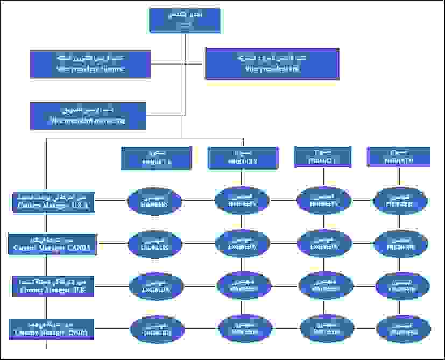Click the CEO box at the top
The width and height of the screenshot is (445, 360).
click(184, 20)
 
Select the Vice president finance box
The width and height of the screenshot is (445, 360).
click(90, 63)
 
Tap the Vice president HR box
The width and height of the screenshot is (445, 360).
click(272, 63)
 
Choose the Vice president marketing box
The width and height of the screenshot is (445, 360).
click(88, 116)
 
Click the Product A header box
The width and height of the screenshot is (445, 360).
click(156, 158)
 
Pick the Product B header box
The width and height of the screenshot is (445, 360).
click(243, 158)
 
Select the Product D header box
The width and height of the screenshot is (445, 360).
click(399, 157)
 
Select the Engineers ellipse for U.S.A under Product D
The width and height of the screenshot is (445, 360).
click(400, 201)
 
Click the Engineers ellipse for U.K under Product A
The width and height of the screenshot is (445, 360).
click(156, 285)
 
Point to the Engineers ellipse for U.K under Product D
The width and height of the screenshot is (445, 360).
click(402, 285)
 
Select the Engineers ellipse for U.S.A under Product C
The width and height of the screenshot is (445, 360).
click(324, 200)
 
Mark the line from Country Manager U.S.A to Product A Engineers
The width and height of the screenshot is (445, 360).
click(112, 201)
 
